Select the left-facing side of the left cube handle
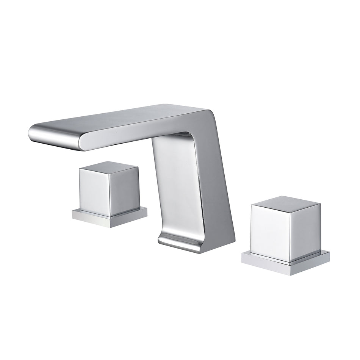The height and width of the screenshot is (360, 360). click(94, 189)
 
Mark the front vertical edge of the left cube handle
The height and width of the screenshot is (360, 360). click(110, 194)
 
